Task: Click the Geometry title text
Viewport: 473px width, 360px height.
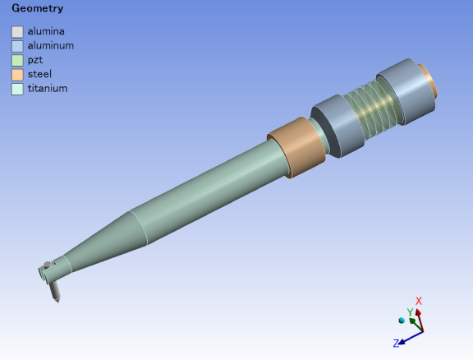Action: [x=37, y=8]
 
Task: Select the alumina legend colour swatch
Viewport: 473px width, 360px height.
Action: [x=17, y=32]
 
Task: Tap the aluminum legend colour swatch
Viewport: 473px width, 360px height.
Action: [x=17, y=46]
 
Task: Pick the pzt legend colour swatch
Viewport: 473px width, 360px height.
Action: [x=17, y=60]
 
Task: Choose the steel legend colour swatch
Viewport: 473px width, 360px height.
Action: [x=17, y=74]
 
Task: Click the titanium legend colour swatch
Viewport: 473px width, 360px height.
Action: [x=17, y=89]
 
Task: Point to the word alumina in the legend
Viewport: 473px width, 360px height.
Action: [x=46, y=31]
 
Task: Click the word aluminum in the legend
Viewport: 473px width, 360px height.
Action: [x=50, y=45]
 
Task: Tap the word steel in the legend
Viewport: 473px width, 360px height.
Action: [x=39, y=74]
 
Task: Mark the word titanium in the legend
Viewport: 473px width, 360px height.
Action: [x=47, y=88]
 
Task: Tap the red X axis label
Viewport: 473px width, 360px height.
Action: [x=419, y=302]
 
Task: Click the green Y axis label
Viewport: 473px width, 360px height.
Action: [x=410, y=312]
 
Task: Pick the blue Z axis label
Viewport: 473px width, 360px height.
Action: [x=396, y=343]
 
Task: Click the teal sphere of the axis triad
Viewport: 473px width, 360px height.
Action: [x=402, y=320]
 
